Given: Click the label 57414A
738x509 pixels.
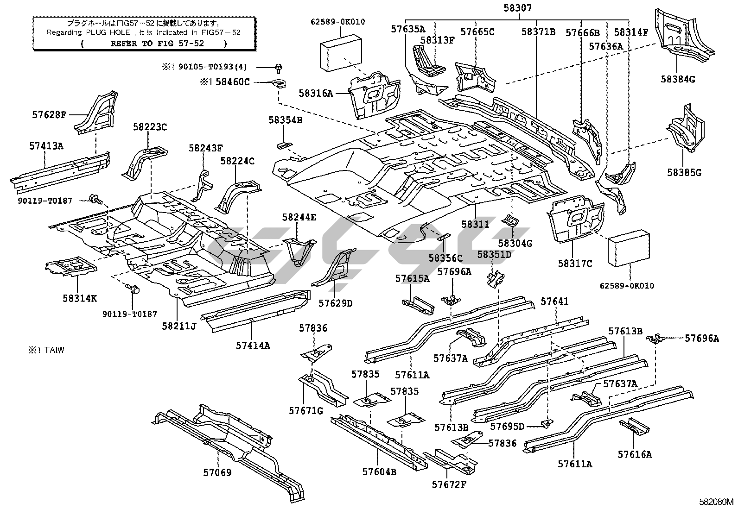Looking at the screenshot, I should [253, 345].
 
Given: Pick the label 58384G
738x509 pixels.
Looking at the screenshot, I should [678, 79].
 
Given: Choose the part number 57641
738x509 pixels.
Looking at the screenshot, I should [554, 302].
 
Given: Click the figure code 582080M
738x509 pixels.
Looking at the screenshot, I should [717, 502].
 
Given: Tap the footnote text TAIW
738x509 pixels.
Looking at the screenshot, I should [55, 350].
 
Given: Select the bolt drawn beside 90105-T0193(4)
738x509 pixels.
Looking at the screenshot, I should [280, 68].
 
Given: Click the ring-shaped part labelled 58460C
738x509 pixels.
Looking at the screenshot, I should [279, 84].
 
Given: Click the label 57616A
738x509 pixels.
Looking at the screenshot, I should [634, 454].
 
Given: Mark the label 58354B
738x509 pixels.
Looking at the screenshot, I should [285, 120].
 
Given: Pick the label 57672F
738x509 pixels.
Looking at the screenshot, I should [449, 484].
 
